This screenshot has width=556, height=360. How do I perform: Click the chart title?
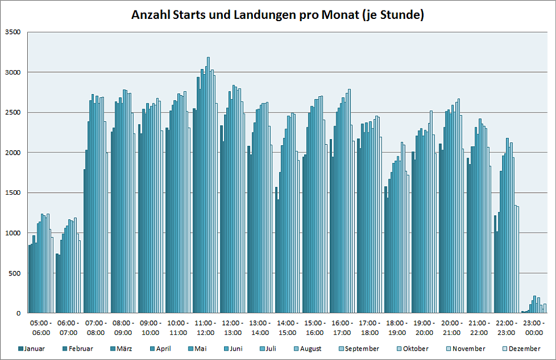pyautogui.click(x=277, y=15)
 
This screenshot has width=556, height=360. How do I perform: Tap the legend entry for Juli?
pyautogui.click(x=270, y=349)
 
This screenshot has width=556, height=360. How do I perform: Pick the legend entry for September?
pyautogui.click(x=361, y=349)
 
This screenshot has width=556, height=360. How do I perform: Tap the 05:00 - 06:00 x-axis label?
pyautogui.click(x=41, y=328)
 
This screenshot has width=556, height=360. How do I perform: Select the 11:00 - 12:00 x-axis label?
pyautogui.click(x=205, y=328)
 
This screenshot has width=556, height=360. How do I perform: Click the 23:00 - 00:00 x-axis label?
pyautogui.click(x=533, y=328)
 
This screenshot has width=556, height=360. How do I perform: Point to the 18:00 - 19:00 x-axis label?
pyautogui.click(x=397, y=328)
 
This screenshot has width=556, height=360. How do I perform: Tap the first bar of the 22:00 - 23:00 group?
pyautogui.click(x=495, y=264)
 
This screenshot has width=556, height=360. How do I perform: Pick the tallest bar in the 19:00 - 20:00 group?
pyautogui.click(x=431, y=211)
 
